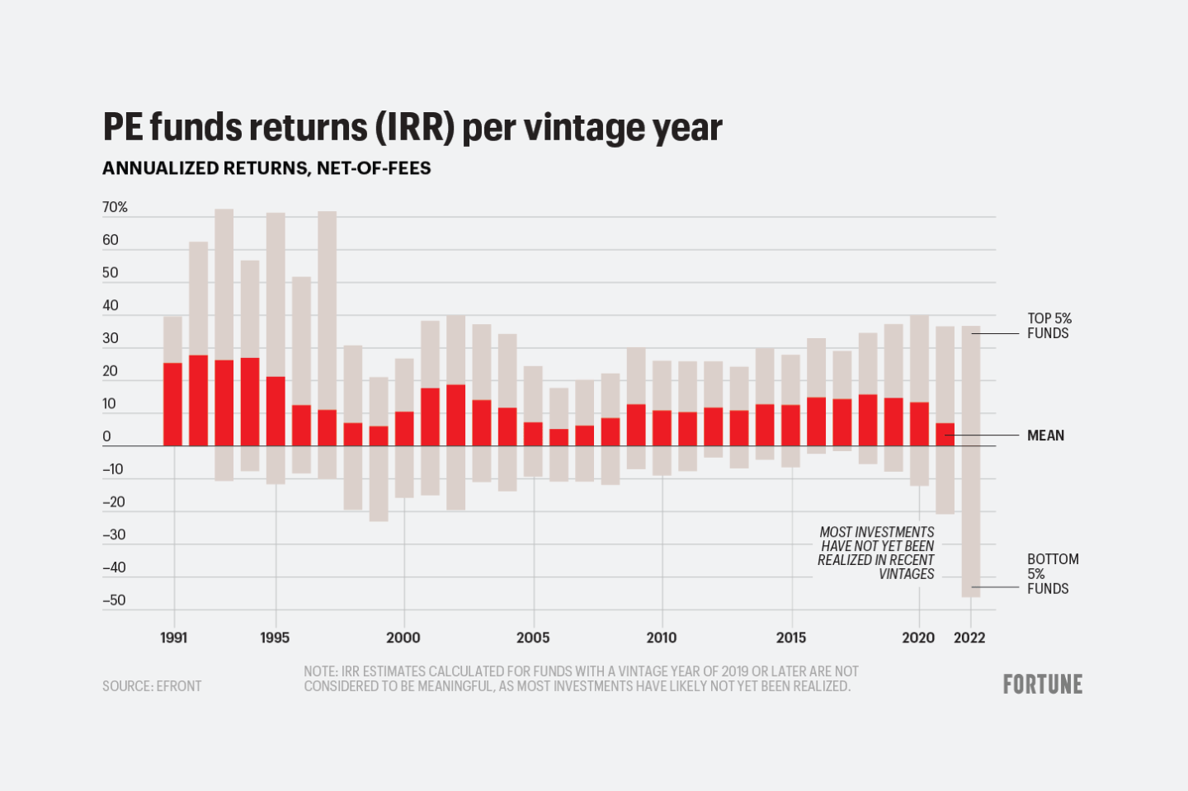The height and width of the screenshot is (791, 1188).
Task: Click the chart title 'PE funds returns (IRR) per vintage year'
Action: (412, 128)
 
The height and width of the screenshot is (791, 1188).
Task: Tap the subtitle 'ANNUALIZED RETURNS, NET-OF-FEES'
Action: (266, 168)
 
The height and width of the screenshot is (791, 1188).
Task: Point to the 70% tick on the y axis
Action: (115, 208)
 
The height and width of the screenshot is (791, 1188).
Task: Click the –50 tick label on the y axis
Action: (114, 600)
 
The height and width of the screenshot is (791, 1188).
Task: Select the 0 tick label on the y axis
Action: (106, 437)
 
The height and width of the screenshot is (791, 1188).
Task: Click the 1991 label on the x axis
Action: (173, 638)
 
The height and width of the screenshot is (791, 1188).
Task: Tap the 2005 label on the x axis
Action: (532, 638)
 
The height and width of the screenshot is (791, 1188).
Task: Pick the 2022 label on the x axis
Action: (969, 638)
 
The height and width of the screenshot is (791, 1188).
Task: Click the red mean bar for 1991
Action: (172, 404)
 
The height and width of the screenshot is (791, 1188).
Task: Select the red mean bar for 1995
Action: (276, 411)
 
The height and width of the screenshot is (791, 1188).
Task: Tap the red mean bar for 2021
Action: (945, 435)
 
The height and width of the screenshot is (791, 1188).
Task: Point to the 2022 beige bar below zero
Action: (971, 520)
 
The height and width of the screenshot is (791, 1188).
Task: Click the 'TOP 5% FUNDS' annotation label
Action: (1049, 326)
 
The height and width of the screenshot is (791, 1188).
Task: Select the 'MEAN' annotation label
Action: (1045, 436)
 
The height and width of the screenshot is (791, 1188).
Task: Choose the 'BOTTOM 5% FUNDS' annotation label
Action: (1052, 573)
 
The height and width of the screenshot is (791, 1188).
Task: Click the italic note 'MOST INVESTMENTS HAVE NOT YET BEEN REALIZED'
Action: (876, 553)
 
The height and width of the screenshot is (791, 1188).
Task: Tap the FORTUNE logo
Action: (1042, 685)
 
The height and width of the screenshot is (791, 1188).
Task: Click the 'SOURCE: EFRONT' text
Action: (152, 686)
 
